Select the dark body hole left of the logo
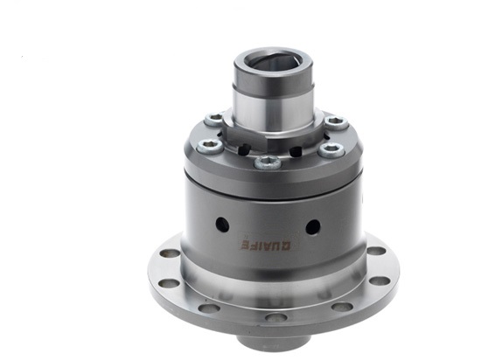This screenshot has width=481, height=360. pyautogui.click(x=222, y=224)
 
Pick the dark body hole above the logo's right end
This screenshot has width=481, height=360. pyautogui.click(x=312, y=226)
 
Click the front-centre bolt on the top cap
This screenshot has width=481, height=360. pyautogui.click(x=268, y=161)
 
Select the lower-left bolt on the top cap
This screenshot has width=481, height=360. pyautogui.click(x=206, y=145)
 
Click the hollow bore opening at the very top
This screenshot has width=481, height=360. pyautogui.click(x=271, y=63)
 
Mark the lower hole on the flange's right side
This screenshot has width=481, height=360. pyautogui.click(x=380, y=280)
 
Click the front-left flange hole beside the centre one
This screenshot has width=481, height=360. pyautogui.click(x=209, y=307)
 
